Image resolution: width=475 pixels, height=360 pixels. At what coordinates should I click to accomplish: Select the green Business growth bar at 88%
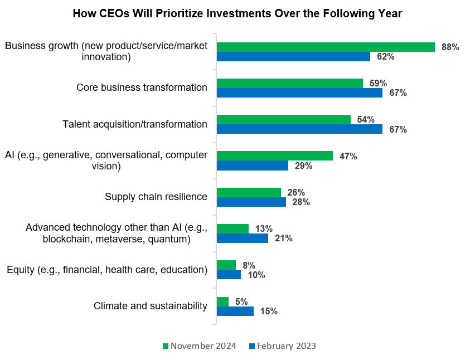(x=326, y=47)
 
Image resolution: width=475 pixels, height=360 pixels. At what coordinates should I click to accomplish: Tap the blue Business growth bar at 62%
(x=293, y=56)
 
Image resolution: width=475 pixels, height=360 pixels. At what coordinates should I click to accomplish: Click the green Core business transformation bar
(x=289, y=83)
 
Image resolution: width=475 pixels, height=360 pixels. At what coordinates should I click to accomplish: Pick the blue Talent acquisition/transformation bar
(x=299, y=129)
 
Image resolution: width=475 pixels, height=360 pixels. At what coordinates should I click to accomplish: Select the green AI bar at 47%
(x=274, y=156)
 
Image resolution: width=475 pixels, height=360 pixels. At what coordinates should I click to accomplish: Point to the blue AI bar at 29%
(x=252, y=166)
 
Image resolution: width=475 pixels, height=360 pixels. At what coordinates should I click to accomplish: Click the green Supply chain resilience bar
(x=249, y=192)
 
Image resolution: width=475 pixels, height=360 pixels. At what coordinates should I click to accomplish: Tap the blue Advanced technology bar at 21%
(x=243, y=239)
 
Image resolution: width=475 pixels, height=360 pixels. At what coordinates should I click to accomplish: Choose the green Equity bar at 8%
(x=226, y=265)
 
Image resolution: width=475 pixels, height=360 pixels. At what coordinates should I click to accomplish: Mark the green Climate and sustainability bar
(x=222, y=301)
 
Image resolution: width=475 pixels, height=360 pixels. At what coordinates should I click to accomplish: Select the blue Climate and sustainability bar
(x=235, y=311)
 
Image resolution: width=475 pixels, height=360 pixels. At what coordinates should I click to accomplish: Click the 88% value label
(x=450, y=47)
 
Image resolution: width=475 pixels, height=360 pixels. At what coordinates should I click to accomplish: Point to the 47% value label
(x=348, y=156)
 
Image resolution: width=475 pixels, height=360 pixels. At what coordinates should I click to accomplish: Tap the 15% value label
(x=269, y=312)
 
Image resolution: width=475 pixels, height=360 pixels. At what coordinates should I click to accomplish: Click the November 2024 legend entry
(x=199, y=346)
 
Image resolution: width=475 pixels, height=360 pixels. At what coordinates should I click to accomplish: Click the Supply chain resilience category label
(x=156, y=197)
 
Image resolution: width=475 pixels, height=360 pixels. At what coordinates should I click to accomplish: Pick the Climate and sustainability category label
(x=151, y=306)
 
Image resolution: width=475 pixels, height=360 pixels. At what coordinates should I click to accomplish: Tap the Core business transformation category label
(x=142, y=87)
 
